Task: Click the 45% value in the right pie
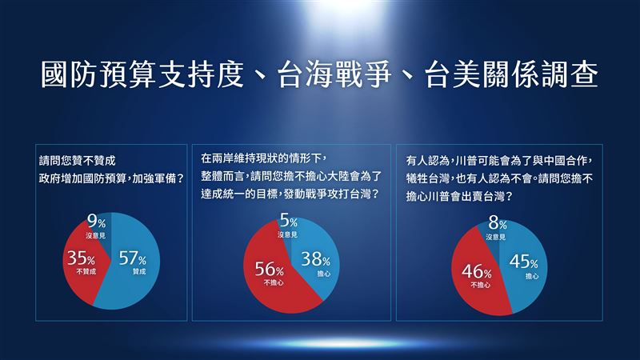pyautogui.click(x=523, y=262)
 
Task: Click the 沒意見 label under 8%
pyautogui.click(x=496, y=237)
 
